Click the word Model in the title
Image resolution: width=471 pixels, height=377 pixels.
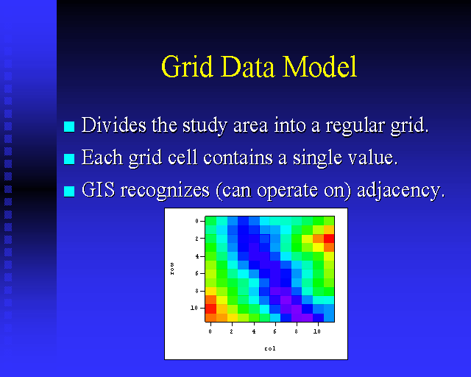(x=319, y=66)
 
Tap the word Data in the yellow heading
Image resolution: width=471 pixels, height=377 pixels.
(x=248, y=66)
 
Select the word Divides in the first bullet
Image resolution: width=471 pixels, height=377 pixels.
(x=114, y=124)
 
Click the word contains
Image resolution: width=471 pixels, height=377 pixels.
(x=238, y=158)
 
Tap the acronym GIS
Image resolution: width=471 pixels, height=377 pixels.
(x=98, y=190)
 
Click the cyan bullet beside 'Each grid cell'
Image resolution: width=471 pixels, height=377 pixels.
(x=69, y=159)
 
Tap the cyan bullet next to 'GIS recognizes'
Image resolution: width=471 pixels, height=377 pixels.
(x=69, y=191)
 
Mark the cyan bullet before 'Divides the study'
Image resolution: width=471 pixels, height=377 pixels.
(x=69, y=126)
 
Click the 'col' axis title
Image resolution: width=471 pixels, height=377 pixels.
(x=270, y=348)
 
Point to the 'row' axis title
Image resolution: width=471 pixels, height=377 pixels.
(x=172, y=269)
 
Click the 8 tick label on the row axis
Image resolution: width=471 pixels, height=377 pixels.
(x=197, y=291)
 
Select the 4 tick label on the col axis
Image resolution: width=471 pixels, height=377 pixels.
(x=254, y=331)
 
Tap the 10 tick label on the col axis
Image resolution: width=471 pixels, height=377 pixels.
(x=317, y=331)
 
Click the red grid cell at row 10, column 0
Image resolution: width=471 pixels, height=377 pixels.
(x=210, y=309)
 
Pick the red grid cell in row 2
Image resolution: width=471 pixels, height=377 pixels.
(x=329, y=239)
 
